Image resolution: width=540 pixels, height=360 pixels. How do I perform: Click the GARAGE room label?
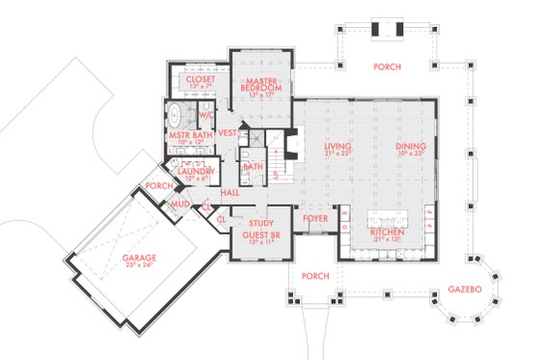141,258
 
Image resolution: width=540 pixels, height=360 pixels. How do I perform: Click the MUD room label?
180,205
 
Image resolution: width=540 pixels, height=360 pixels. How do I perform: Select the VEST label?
229,132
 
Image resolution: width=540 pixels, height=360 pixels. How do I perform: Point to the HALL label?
230,193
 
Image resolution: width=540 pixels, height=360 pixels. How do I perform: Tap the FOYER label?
315,219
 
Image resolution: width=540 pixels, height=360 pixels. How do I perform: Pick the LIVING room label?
337,147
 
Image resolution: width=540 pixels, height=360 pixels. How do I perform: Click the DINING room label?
412,147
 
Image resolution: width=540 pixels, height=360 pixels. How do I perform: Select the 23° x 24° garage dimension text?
141,267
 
